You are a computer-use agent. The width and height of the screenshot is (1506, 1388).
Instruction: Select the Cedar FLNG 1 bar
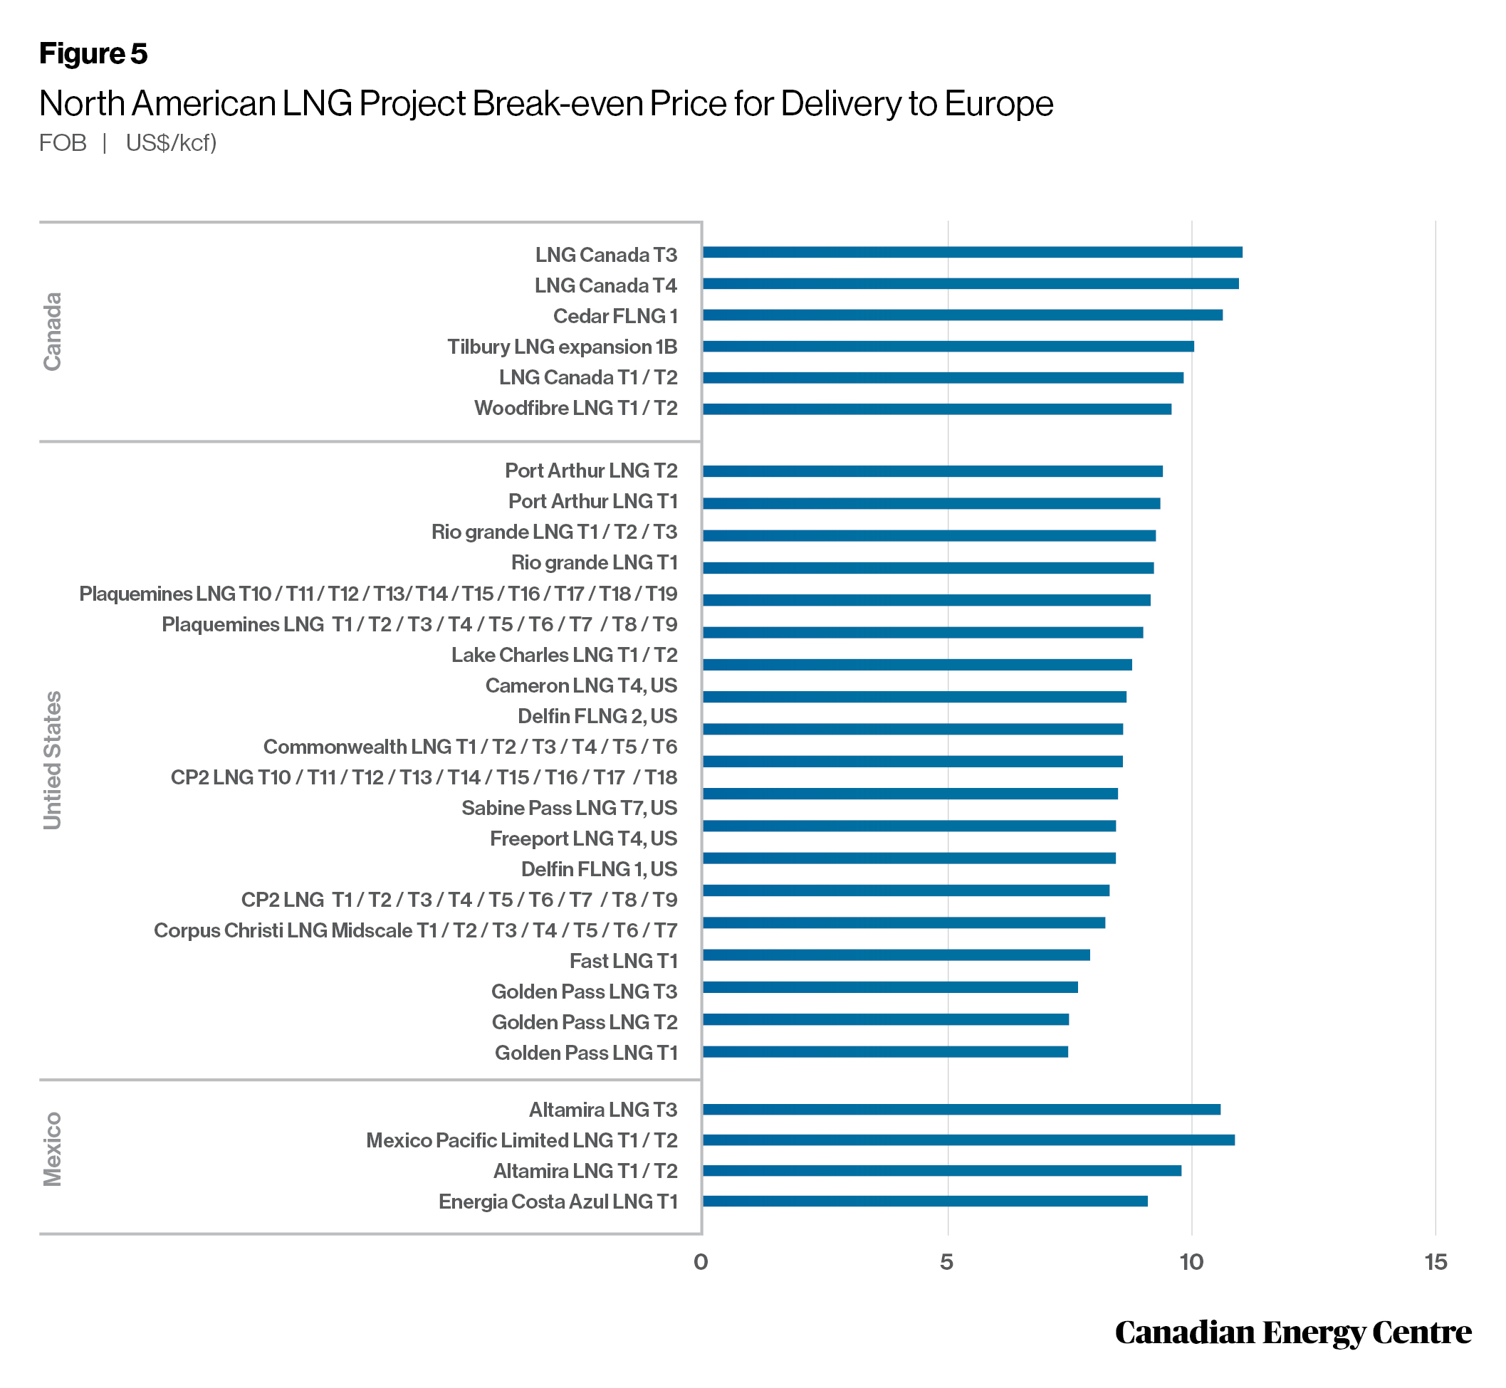pyautogui.click(x=962, y=315)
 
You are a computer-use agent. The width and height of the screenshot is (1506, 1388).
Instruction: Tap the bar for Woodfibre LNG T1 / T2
pyautogui.click(x=936, y=409)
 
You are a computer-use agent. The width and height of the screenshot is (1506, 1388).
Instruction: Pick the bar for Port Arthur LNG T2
pyautogui.click(x=932, y=471)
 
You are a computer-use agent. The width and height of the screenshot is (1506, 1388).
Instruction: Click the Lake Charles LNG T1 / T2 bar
pyautogui.click(x=917, y=664)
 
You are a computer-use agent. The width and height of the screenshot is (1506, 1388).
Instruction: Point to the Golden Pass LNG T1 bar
pyautogui.click(x=884, y=1051)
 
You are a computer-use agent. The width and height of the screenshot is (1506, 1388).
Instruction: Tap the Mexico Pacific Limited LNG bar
pyautogui.click(x=968, y=1140)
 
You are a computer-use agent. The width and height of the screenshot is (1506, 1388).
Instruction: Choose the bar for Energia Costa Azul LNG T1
pyautogui.click(x=924, y=1201)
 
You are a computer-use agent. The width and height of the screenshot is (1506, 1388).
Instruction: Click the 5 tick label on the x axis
pyautogui.click(x=946, y=1262)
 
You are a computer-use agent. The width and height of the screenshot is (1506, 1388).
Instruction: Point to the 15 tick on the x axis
pyautogui.click(x=1436, y=1262)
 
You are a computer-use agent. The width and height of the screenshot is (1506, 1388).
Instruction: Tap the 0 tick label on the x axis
pyautogui.click(x=701, y=1262)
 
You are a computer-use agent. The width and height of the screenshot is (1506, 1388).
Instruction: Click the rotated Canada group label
pyautogui.click(x=52, y=331)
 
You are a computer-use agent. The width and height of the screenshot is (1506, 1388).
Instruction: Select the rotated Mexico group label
pyautogui.click(x=52, y=1149)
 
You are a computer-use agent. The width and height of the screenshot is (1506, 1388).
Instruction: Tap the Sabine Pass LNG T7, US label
pyautogui.click(x=569, y=808)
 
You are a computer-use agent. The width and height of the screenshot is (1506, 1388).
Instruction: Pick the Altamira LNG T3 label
pyautogui.click(x=602, y=1110)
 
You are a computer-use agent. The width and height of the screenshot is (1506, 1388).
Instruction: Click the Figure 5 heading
pyautogui.click(x=93, y=53)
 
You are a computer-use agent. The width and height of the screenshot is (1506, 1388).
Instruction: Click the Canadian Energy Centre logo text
pyautogui.click(x=1292, y=1332)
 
